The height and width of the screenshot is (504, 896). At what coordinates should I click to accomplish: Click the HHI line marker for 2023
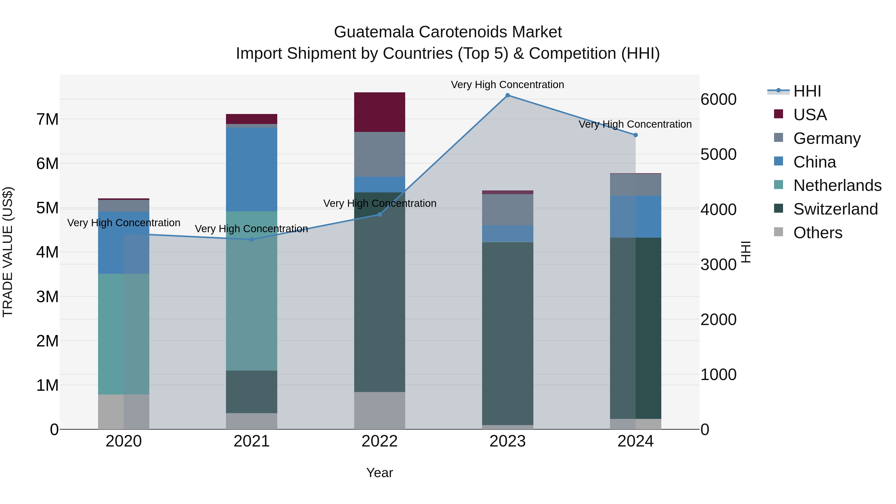(507, 95)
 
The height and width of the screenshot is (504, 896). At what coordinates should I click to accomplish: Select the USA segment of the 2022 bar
(380, 112)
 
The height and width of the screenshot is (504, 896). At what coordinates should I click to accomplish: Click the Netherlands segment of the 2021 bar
(251, 291)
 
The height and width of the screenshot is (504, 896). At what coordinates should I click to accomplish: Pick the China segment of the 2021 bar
(251, 169)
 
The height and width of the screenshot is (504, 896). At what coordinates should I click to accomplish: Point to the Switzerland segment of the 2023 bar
(507, 333)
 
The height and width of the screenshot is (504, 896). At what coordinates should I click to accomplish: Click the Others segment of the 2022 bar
(380, 410)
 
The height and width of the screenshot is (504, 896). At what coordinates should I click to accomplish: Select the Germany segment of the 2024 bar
(635, 185)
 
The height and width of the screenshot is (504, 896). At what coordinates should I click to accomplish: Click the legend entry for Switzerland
(835, 209)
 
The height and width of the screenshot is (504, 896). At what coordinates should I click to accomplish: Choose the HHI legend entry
(807, 91)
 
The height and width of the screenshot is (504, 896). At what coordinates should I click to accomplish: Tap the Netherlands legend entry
(837, 185)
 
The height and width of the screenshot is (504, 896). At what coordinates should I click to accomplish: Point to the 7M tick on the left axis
(47, 119)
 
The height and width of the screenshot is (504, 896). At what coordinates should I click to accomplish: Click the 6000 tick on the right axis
(718, 100)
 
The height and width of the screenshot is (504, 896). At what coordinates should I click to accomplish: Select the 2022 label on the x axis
(380, 441)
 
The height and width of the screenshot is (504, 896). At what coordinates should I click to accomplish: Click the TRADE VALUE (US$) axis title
(8, 252)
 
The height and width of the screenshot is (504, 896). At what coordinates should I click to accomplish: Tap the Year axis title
(380, 473)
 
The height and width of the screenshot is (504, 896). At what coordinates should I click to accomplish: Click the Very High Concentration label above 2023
(507, 85)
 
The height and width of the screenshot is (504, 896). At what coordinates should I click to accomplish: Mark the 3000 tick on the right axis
(718, 265)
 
